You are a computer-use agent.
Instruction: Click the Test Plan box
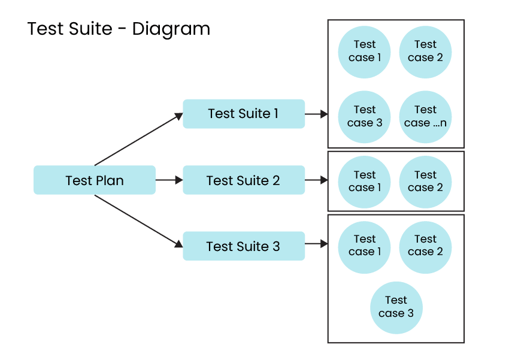point(95,180)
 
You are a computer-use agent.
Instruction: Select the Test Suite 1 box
point(243,114)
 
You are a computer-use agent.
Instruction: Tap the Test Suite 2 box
point(243,180)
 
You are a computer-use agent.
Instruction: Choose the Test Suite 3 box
point(243,246)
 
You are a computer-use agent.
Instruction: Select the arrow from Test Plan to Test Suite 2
point(169,180)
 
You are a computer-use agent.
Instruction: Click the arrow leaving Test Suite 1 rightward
point(316,114)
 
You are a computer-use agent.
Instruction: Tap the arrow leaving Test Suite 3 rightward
point(316,244)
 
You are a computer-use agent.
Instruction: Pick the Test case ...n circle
point(425,117)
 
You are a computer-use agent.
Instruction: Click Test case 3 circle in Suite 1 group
point(364,117)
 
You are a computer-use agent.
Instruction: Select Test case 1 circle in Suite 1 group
point(364,52)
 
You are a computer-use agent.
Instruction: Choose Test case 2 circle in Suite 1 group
point(425,52)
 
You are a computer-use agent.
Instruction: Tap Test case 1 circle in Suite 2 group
point(364,181)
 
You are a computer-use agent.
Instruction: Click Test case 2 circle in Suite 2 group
point(425,181)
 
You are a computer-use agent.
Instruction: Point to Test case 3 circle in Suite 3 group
point(396,307)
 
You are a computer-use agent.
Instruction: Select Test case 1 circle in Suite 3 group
point(364,246)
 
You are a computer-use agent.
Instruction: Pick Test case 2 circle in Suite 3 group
point(425,246)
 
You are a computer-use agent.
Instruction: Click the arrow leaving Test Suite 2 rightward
point(316,180)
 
